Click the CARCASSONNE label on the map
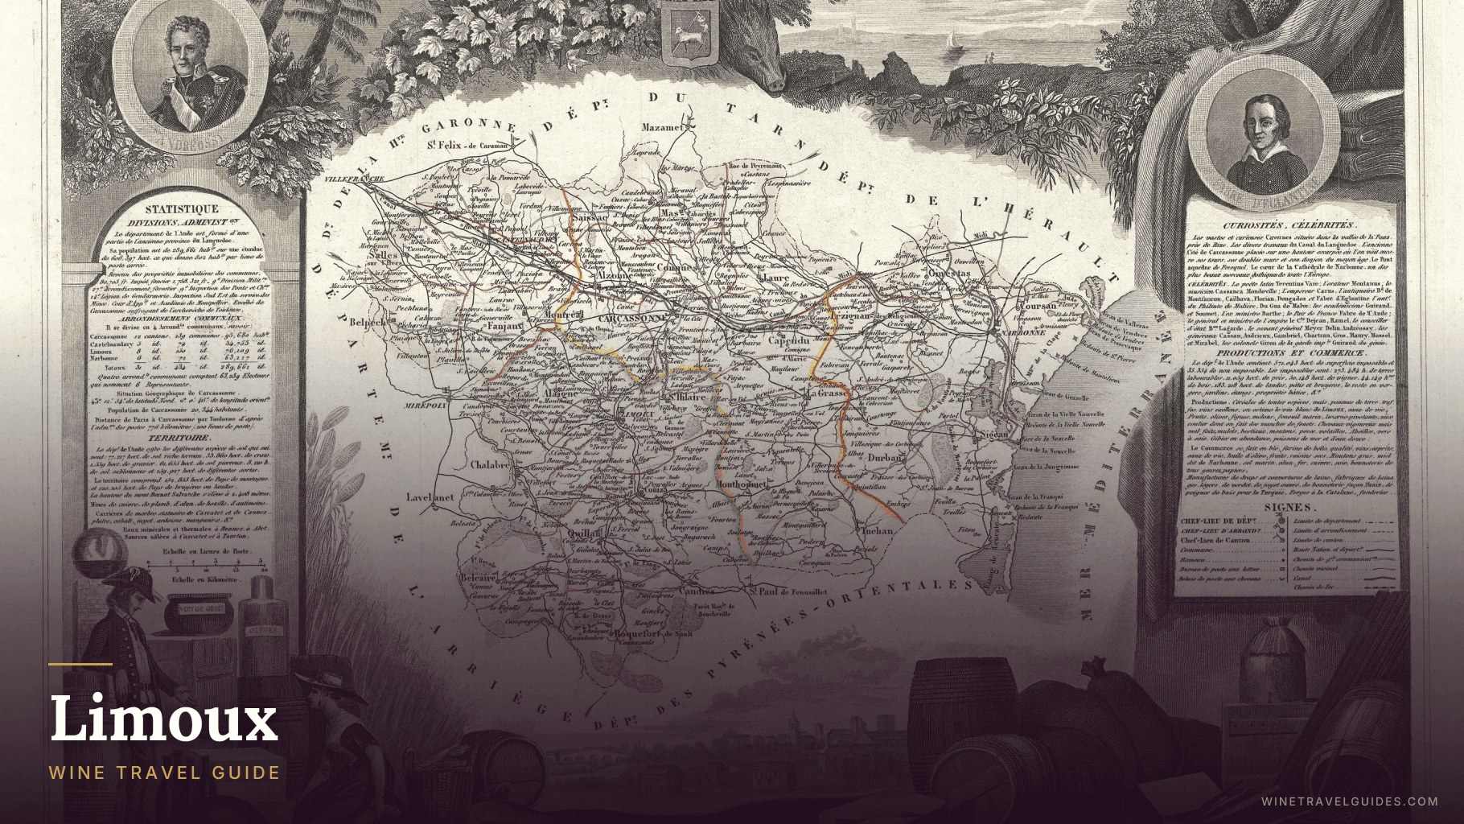click(x=631, y=319)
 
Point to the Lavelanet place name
click(x=430, y=497)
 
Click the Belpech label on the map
click(x=371, y=321)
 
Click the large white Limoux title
click(x=164, y=719)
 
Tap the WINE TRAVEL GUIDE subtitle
click(x=164, y=772)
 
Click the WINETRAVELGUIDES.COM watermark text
click(x=1349, y=801)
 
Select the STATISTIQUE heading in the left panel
click(x=181, y=209)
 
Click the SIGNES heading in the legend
click(x=1289, y=508)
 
